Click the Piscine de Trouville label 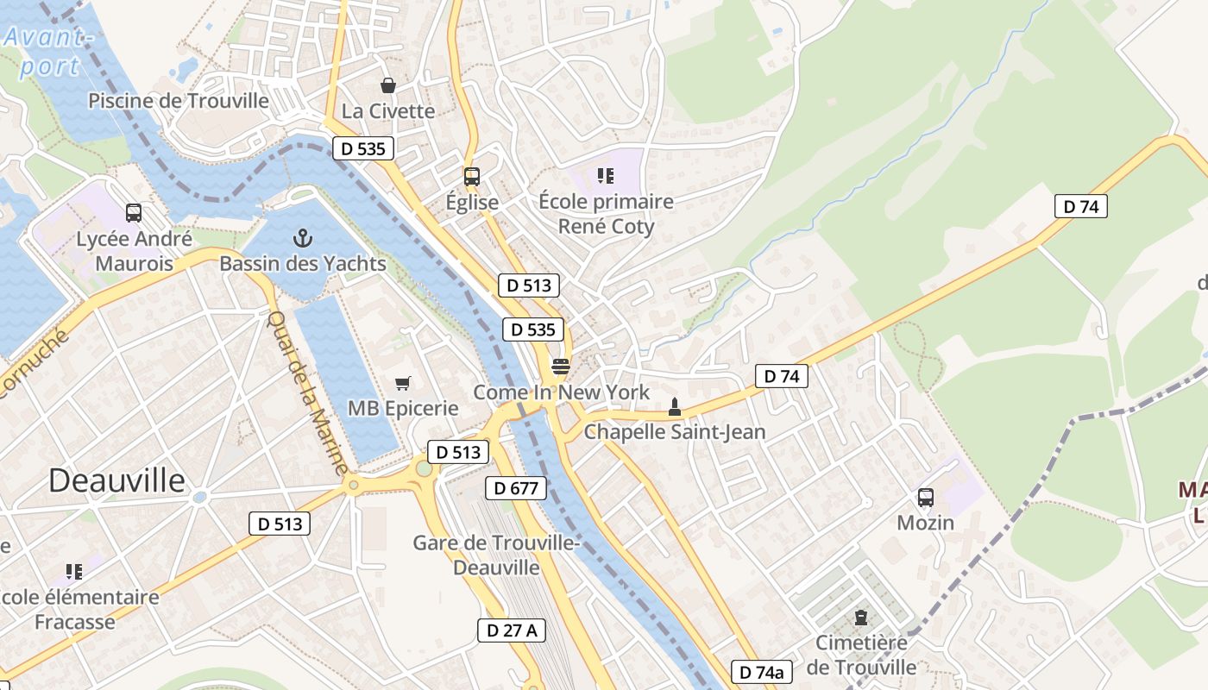point(179,101)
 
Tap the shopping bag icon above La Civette point(388,85)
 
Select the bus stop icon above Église point(471,177)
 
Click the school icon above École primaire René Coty point(606,177)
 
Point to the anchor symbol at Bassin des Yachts point(302,237)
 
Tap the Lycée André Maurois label point(134,251)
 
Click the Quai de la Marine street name point(307,392)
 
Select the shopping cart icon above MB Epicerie point(402,383)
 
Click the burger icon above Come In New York point(561,367)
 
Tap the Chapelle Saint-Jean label point(675,432)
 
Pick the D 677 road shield point(516,488)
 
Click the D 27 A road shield point(512,630)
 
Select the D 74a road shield point(762,672)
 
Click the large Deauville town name point(116,480)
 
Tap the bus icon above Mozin point(926,498)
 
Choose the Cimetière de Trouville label point(861,655)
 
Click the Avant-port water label point(48,52)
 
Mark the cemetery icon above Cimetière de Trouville point(860,618)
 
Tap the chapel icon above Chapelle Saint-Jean point(675,406)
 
